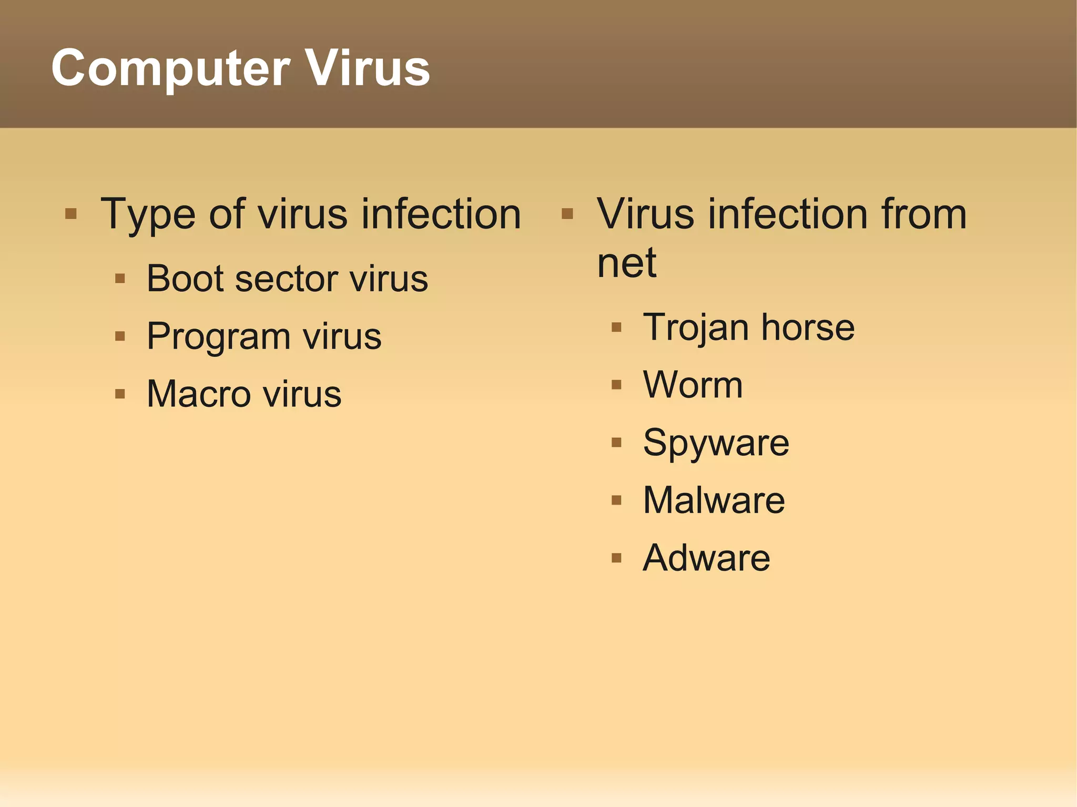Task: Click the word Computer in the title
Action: [x=170, y=68]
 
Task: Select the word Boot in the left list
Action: [x=186, y=279]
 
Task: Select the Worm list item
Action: [x=693, y=385]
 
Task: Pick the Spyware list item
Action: [x=716, y=444]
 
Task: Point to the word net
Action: [x=627, y=263]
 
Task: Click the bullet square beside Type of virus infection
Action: [x=71, y=214]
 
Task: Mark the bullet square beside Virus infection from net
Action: [x=567, y=214]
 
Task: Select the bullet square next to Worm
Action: [x=616, y=385]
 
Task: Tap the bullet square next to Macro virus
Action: [x=120, y=394]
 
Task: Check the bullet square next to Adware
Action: [x=616, y=558]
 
